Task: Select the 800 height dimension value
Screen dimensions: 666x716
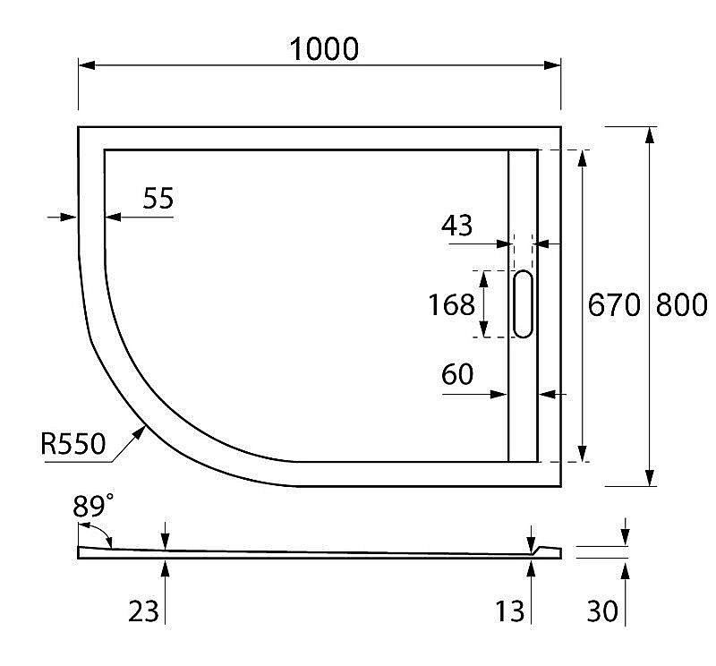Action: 682,305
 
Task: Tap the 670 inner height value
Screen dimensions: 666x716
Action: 614,305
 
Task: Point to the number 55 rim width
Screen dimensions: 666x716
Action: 158,198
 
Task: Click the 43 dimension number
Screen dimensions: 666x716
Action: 457,226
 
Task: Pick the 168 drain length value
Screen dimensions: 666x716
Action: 452,305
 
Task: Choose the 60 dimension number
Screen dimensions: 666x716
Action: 457,375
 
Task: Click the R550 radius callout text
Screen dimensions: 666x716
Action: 73,443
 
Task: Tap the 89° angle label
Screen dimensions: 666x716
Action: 93,508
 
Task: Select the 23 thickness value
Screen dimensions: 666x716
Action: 143,611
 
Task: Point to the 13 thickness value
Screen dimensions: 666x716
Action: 510,611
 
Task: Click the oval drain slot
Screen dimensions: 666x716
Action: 523,304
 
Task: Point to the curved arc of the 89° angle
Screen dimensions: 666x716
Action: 107,535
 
